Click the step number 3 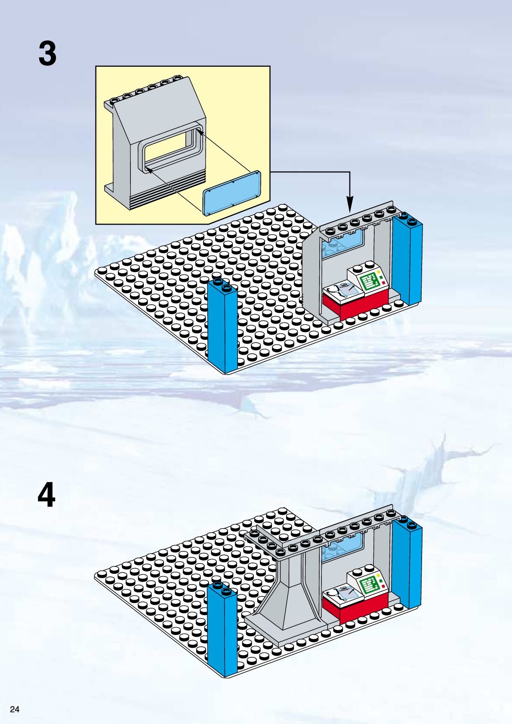[x=47, y=54]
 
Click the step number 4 [x=46, y=495]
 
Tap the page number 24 [x=15, y=709]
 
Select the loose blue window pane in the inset [x=232, y=192]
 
